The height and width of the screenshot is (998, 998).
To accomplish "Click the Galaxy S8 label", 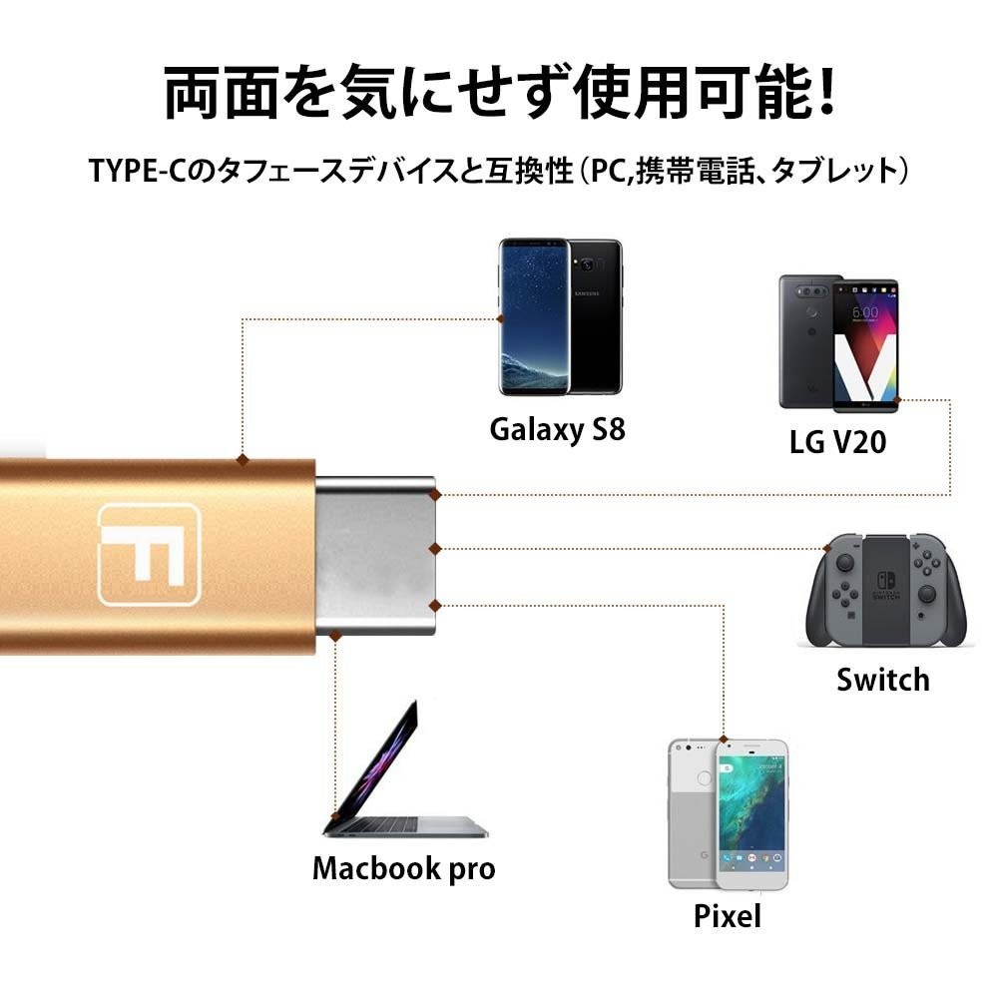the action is coord(558,430).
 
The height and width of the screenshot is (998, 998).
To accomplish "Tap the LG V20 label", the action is coord(837,442).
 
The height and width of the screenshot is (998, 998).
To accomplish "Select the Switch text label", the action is coord(883,680).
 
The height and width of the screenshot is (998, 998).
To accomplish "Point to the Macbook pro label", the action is coord(403,869).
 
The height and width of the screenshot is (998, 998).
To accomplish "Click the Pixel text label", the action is coord(727,916).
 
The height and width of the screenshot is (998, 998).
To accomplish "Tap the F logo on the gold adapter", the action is coord(149,554).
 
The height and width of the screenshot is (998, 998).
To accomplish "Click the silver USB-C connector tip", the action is coord(375,556).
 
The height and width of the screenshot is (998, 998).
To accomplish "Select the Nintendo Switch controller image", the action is coord(886,591).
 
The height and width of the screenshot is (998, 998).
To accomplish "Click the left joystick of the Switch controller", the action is coord(844,563).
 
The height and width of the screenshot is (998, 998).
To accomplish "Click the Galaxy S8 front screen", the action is coord(534,316).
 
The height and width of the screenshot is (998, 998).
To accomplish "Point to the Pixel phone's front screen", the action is coord(751,814).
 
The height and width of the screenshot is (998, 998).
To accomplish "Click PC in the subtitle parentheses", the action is coord(609,171).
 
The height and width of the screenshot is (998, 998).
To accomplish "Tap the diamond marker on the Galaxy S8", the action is coord(501,319).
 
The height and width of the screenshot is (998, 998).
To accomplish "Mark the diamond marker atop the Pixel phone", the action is coord(724,740).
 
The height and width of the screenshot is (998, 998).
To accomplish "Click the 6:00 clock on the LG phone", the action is coord(865,312).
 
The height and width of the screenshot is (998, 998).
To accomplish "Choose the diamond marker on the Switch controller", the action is coord(827,548).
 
